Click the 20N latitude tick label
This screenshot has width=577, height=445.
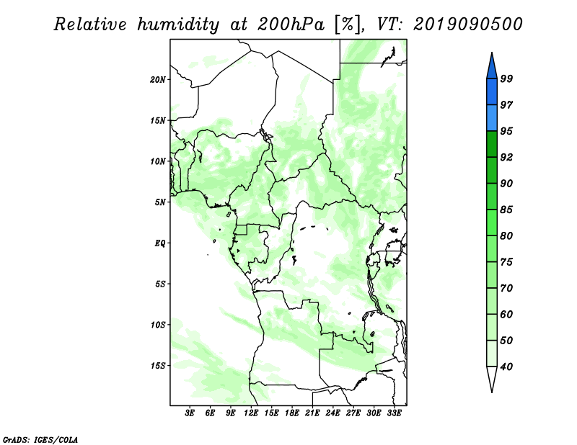(158, 79)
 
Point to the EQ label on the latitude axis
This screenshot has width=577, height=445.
(160, 243)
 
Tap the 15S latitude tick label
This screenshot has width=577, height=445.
(158, 366)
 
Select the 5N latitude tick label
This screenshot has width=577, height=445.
(160, 202)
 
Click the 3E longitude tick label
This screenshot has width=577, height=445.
(190, 413)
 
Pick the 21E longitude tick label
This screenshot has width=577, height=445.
(313, 413)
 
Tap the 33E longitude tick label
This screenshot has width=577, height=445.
(394, 413)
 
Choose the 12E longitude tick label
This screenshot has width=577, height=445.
(252, 413)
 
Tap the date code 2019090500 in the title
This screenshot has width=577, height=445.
(468, 24)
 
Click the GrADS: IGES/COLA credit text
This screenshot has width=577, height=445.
(40, 439)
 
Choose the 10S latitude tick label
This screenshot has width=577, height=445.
(158, 325)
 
